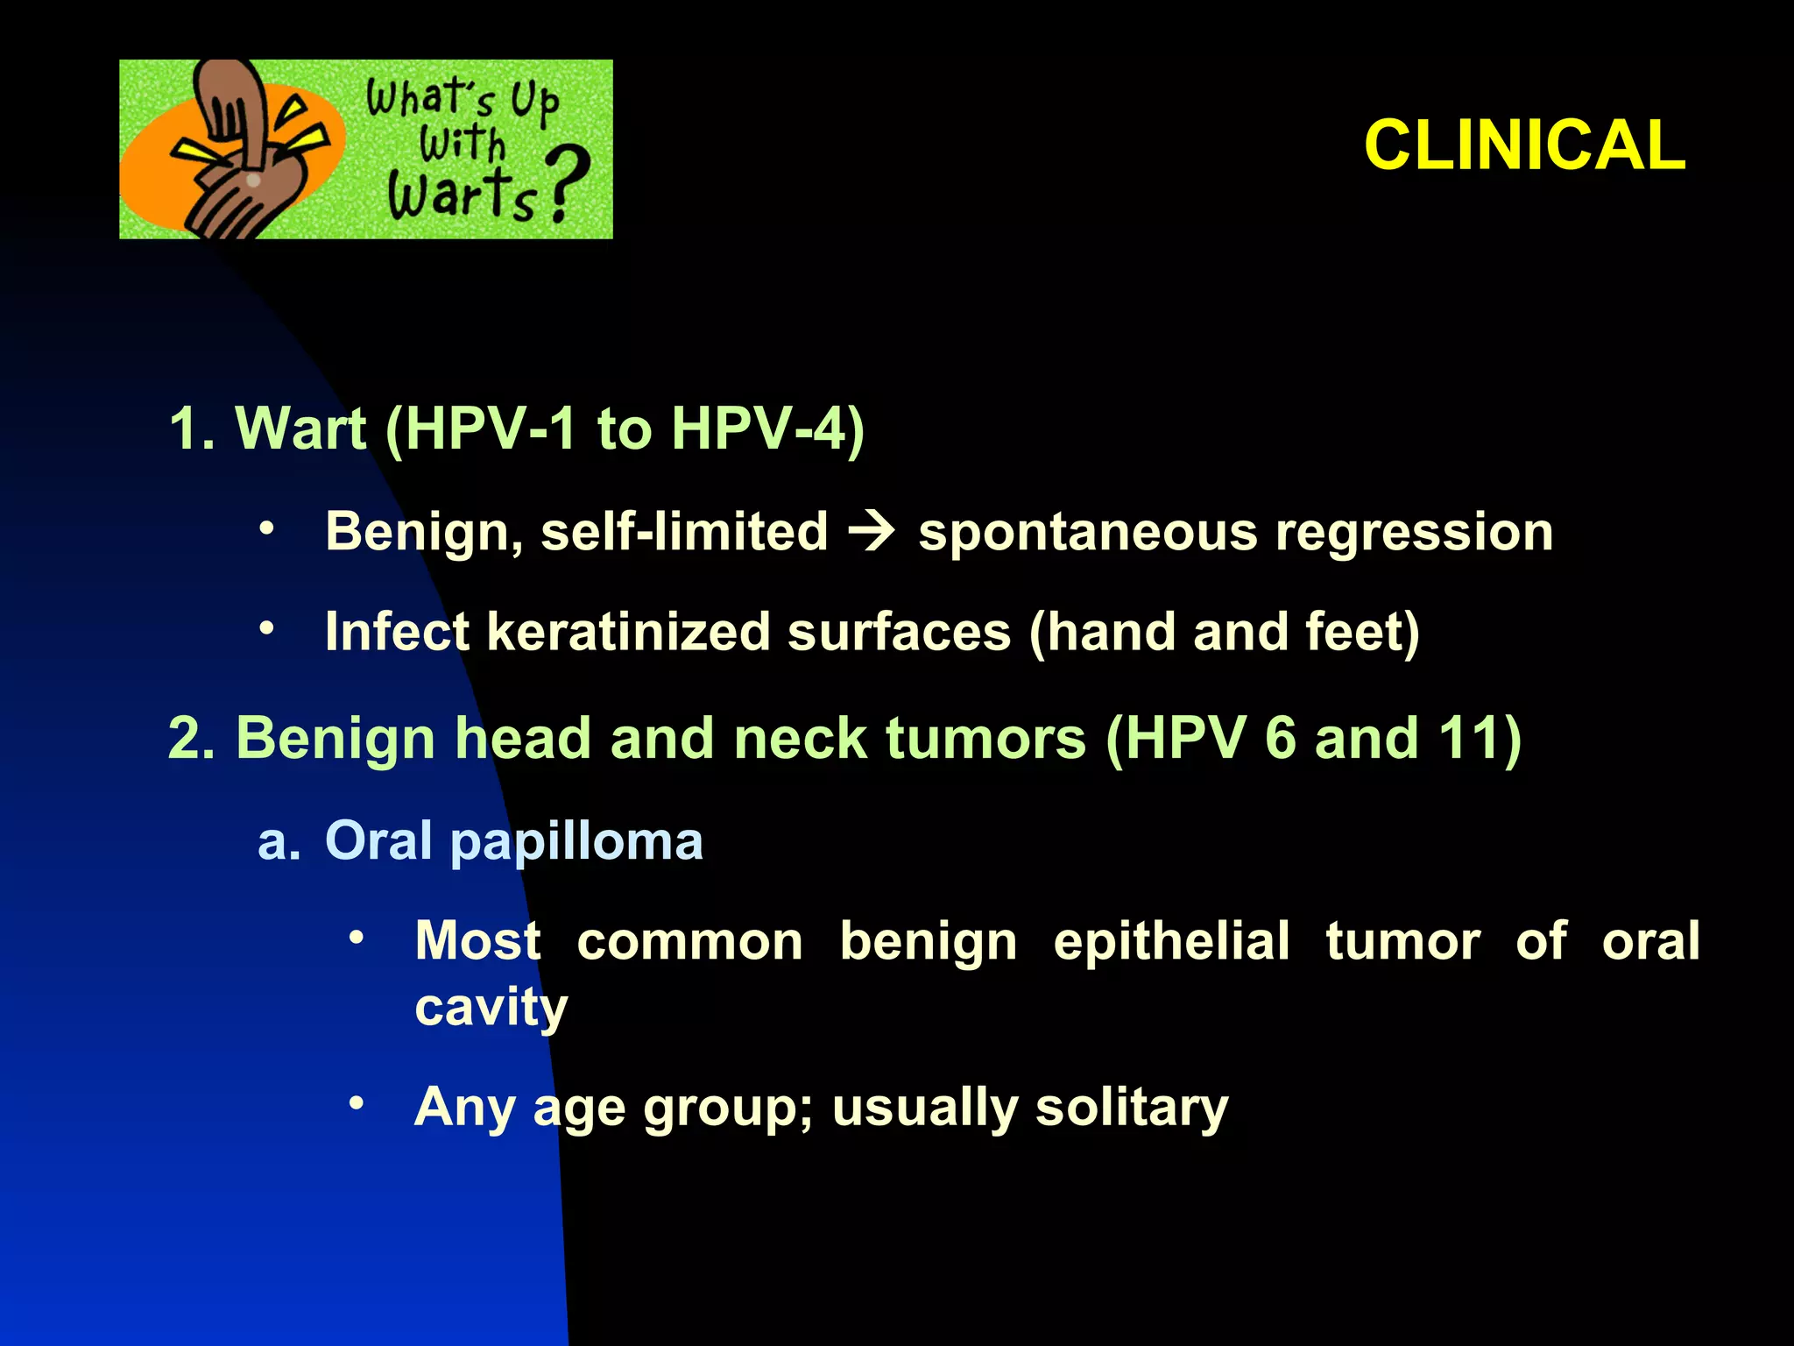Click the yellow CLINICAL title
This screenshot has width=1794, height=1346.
pyautogui.click(x=1524, y=145)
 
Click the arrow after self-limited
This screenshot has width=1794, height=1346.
pyautogui.click(x=872, y=532)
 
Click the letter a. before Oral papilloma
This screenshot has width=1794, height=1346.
pyautogui.click(x=279, y=841)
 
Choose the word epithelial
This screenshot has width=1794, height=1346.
pyautogui.click(x=1171, y=942)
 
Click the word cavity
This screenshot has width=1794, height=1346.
pyautogui.click(x=491, y=1008)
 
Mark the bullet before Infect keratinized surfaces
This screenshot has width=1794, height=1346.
pyautogui.click(x=266, y=627)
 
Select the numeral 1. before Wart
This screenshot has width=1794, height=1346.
pyautogui.click(x=192, y=429)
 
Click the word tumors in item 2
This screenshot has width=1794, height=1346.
pyautogui.click(x=985, y=738)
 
